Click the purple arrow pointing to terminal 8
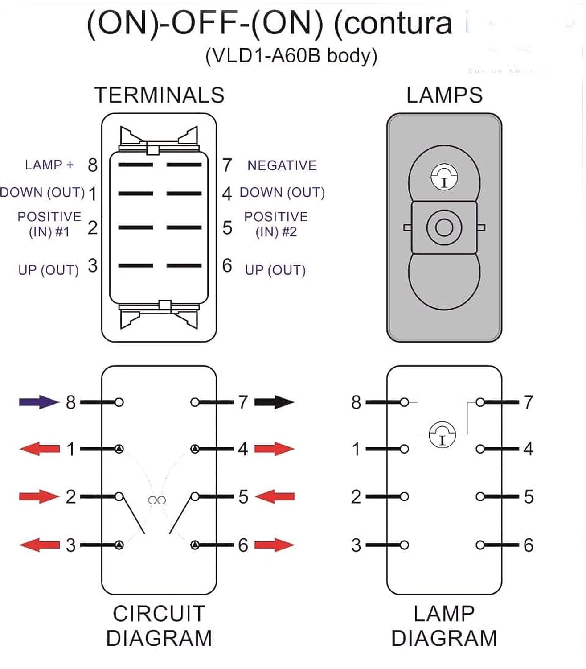coord(39,402)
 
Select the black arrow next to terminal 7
coord(274,402)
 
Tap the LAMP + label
coord(49,165)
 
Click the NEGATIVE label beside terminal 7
coord(282,165)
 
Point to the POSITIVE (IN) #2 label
coord(276,224)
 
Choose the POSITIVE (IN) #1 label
coord(49,224)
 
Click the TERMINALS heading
coord(159,95)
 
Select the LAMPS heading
coord(444,95)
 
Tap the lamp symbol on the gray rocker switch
coord(444,178)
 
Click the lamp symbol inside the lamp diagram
coord(442,435)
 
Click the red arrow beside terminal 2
coord(39,496)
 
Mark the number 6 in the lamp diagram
coord(528,545)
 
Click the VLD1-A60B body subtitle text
coord(291,56)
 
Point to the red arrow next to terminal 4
coord(274,449)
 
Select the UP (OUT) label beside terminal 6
coord(275,270)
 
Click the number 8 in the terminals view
coord(92,165)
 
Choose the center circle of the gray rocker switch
coord(444,227)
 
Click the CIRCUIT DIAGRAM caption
coord(159,626)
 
